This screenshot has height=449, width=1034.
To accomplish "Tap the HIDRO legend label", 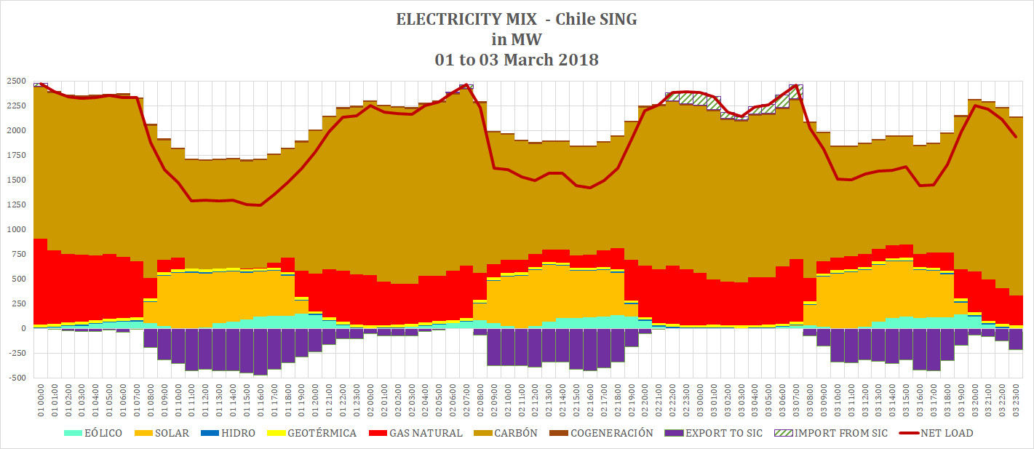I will point(238,433).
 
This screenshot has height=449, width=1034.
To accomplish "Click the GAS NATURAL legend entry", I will point(426,433).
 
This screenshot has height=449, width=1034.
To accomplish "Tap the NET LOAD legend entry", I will point(946,433).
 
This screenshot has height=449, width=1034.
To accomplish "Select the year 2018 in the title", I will point(578,60).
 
